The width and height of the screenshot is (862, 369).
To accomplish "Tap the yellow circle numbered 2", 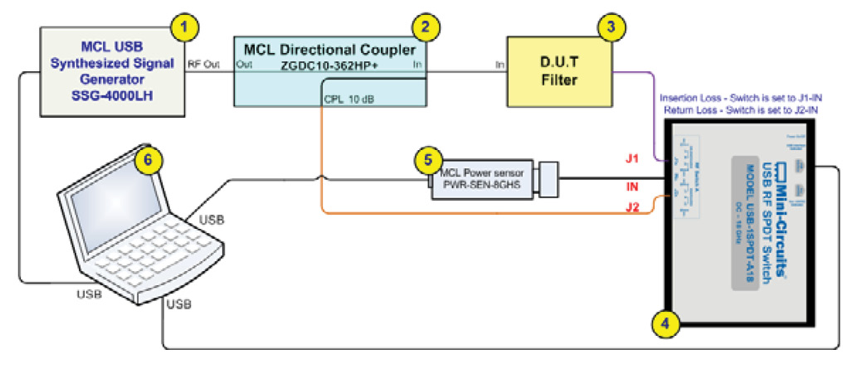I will pos(426,26).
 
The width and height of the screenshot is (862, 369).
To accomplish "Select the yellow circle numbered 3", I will pos(611,26).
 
